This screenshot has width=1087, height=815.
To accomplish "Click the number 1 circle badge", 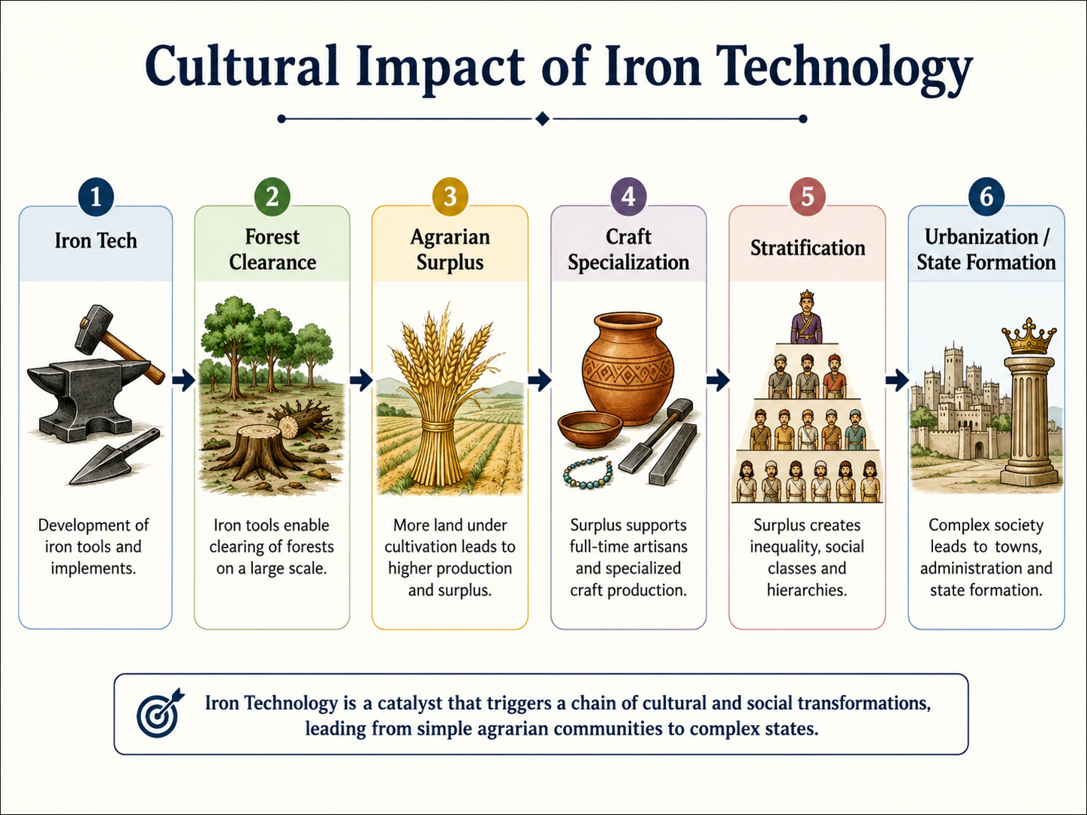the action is coord(96,197).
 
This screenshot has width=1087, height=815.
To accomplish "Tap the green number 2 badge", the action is coord(272,197).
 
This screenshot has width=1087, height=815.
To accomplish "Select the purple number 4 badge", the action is coord(628,197).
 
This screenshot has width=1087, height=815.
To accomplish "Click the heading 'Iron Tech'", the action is coord(95,241).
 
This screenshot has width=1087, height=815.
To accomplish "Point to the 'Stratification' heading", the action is coord(807,248).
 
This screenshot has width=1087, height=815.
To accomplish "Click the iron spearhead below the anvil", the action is coord(114,456).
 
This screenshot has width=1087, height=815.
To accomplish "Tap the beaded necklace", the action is coord(587,474).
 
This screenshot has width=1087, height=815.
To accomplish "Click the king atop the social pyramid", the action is coord(807,317).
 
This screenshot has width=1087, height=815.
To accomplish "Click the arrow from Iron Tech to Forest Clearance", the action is coord(184,380).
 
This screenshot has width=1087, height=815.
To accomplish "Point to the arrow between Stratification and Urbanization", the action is coord(897,380).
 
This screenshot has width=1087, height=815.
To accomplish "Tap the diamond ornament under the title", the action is coord(543,119).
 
